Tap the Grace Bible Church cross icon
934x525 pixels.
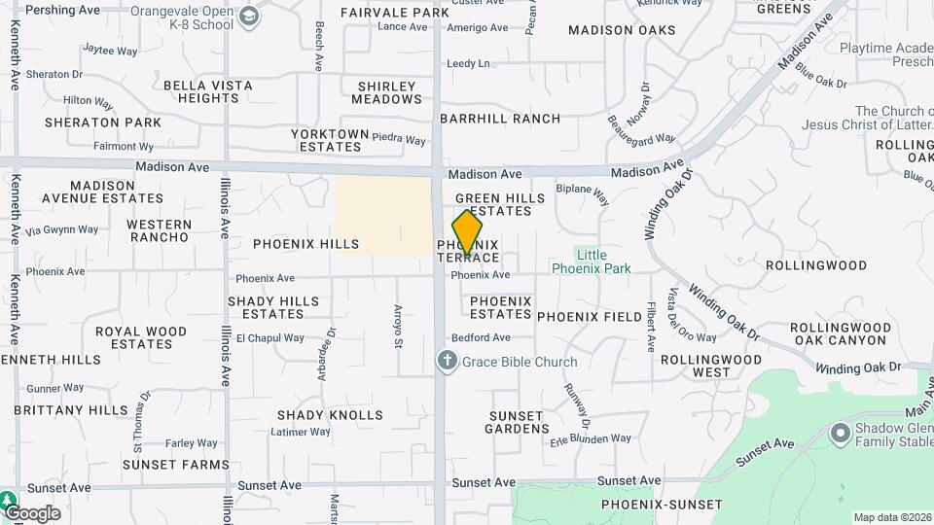click(447, 362)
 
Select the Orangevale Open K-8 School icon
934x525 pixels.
click(250, 17)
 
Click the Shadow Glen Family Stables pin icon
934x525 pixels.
click(839, 432)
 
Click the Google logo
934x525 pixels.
click(32, 513)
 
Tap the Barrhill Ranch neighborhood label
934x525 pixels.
click(500, 119)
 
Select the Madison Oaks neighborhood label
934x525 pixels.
click(622, 30)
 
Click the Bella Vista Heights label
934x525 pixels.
click(208, 92)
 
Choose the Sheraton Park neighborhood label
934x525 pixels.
click(103, 122)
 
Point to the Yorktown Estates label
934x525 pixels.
click(331, 140)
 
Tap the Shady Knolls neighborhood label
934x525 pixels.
click(330, 415)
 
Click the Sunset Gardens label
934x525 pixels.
click(517, 422)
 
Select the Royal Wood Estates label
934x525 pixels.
click(141, 337)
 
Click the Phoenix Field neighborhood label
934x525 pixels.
click(590, 317)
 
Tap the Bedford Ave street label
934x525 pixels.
click(481, 338)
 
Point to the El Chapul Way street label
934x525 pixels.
click(270, 338)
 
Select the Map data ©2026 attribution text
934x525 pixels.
click(891, 517)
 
